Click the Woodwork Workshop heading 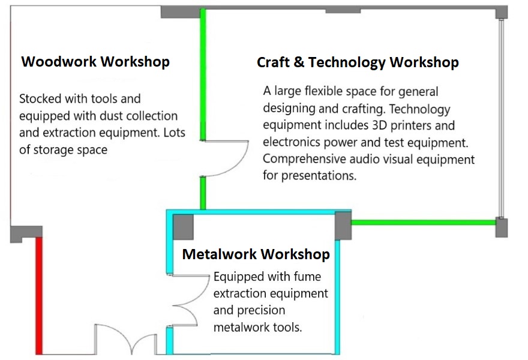coord(95,62)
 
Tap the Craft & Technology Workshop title coord(358,62)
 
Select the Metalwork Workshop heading coord(256,254)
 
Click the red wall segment coord(40,296)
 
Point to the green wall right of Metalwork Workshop coord(424,222)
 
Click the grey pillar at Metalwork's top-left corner coord(183,227)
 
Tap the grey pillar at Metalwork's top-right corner coord(343,226)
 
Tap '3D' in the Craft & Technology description coord(379,125)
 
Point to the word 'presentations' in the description coord(319,176)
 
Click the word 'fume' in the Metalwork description coord(307,277)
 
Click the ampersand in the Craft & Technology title coord(299,62)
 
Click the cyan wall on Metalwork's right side coord(337,297)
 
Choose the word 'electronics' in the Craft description coord(292,142)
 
